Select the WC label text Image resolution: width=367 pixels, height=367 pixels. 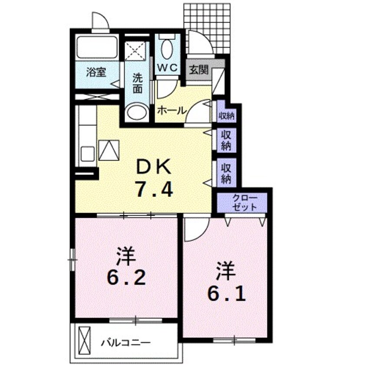click(x=167, y=68)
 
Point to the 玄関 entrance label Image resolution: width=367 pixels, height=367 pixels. click(x=199, y=69)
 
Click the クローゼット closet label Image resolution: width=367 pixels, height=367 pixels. click(x=244, y=203)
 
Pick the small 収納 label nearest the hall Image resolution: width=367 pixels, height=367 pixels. click(x=226, y=115)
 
